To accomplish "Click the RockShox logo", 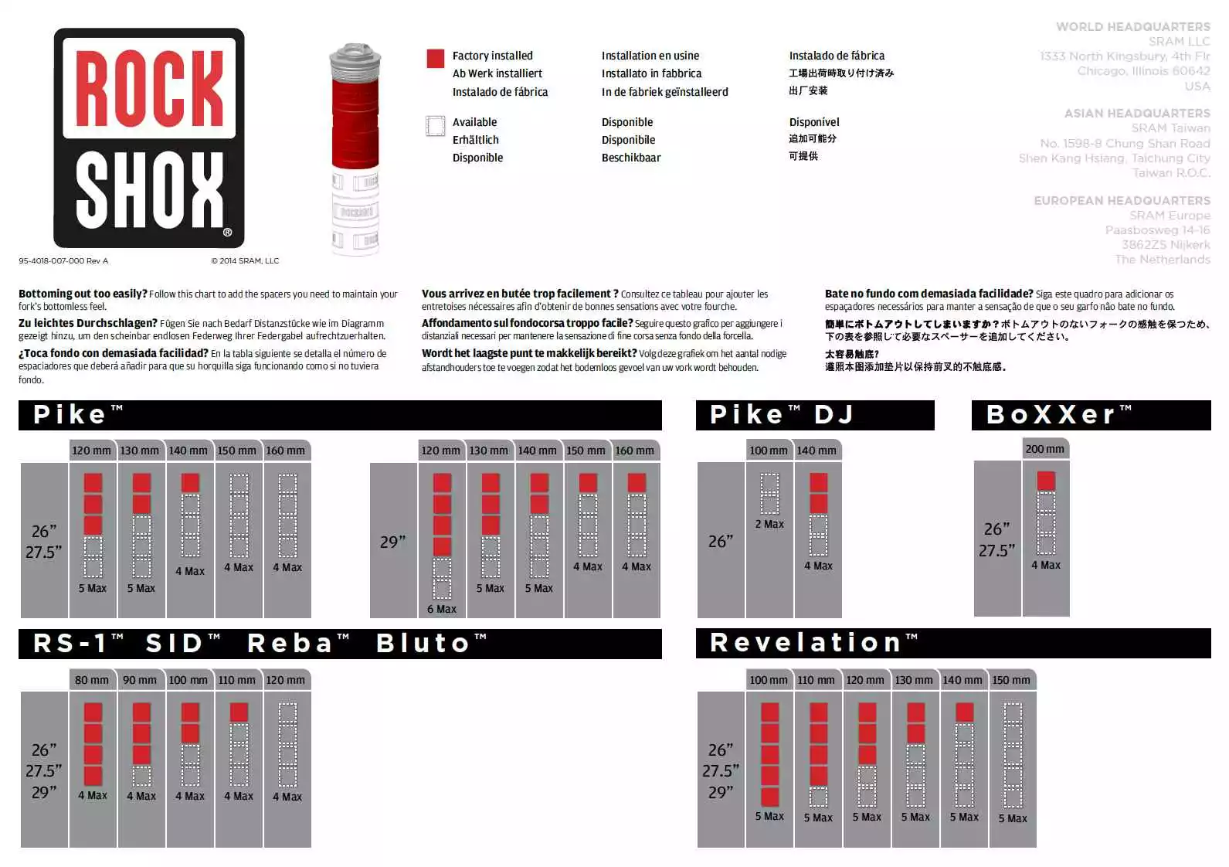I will click(149, 138).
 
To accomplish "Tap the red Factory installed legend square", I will click(435, 58).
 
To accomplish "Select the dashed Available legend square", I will click(435, 125).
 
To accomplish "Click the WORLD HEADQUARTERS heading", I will click(1132, 26).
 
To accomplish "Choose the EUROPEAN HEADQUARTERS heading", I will click(1122, 200).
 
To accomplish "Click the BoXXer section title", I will click(1059, 415).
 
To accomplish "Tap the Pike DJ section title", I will click(781, 415).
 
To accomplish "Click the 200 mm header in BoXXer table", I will click(1044, 449).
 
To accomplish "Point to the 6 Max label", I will click(442, 609).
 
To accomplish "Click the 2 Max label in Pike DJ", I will click(769, 524).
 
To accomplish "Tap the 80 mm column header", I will click(92, 680).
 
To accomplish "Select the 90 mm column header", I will click(140, 680).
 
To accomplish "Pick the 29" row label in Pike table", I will click(392, 542).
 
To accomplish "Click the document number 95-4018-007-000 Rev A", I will click(63, 261).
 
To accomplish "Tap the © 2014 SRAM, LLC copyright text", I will click(245, 261).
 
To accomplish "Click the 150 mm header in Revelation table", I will click(1011, 680).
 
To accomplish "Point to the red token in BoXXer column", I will click(1046, 481).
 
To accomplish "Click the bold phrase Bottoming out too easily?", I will click(83, 294).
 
